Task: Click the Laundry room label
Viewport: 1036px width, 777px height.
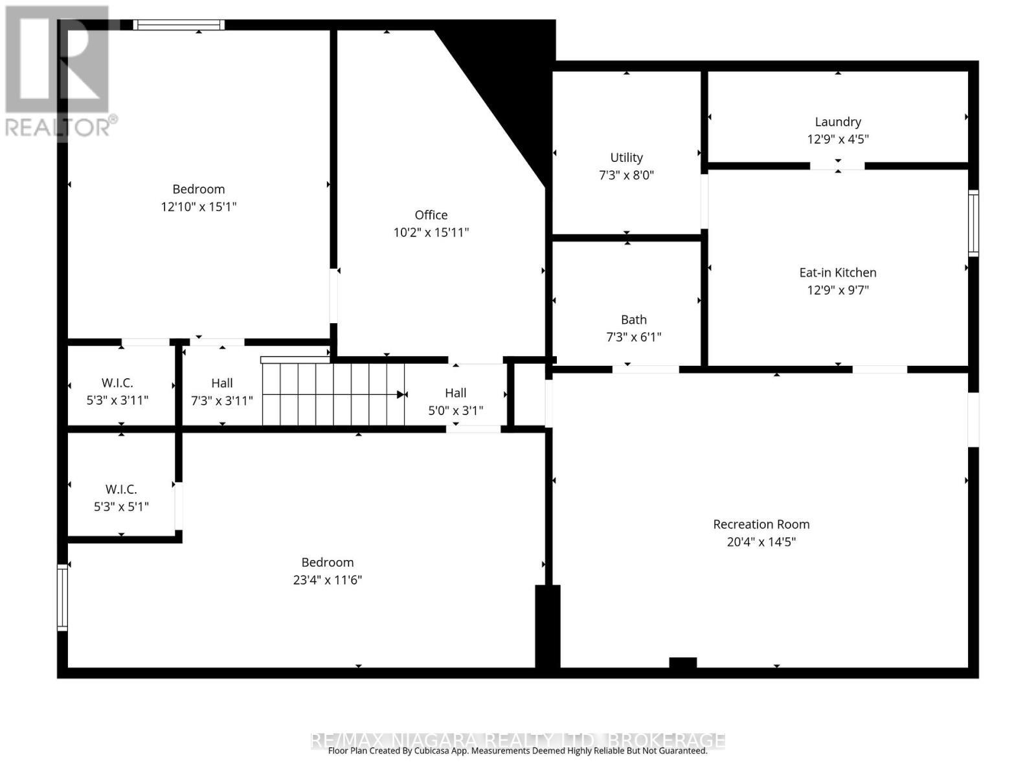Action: point(837,122)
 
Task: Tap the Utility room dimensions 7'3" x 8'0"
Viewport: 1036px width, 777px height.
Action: point(626,175)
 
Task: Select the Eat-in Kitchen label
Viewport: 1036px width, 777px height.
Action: point(837,273)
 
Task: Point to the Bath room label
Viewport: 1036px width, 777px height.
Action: point(633,319)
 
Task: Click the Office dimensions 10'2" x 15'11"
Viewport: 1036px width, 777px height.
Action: point(431,232)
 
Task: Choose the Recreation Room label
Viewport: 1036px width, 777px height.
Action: point(761,524)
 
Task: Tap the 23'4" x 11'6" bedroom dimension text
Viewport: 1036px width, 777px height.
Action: point(327,580)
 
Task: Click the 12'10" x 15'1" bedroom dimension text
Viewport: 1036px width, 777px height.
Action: point(198,207)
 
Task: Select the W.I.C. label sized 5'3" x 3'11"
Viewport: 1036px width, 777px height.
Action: point(117,383)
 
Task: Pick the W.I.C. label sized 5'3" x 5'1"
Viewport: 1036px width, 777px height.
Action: point(121,489)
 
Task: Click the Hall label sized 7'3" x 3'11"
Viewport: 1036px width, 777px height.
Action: point(221,383)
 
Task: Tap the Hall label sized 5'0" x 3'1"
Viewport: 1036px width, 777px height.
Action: point(455,392)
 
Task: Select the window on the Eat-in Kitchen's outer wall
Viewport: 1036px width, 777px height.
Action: point(973,223)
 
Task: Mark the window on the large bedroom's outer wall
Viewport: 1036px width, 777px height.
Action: point(62,597)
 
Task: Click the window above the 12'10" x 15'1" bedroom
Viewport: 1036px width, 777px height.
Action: point(179,25)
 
